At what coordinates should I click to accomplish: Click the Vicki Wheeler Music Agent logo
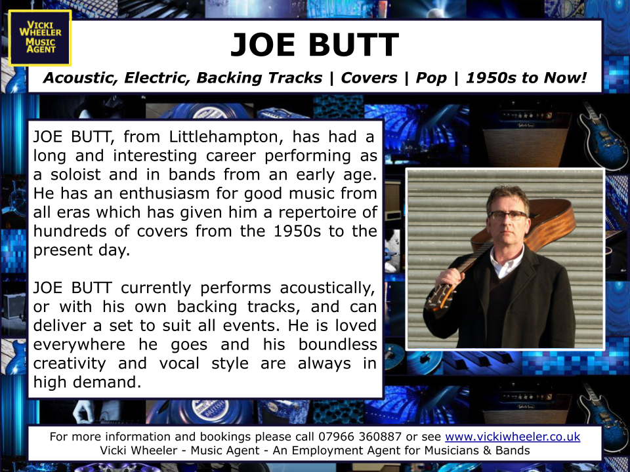pos(40,38)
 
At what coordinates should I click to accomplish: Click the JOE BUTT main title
pos(314,45)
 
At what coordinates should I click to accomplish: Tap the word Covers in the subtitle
pos(369,77)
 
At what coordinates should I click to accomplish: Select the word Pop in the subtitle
pos(431,78)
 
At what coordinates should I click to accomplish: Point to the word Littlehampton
pos(226,137)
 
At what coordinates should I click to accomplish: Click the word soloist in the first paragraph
pos(75,174)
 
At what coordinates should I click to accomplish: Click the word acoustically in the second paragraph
pos(327,288)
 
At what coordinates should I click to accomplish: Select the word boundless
pos(337,345)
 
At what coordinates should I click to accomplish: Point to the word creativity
pos(70,364)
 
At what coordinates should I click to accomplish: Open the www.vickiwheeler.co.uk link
pos(513,437)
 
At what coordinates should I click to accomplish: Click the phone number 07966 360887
pos(360,437)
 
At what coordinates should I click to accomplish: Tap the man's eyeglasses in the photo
pos(507,215)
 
